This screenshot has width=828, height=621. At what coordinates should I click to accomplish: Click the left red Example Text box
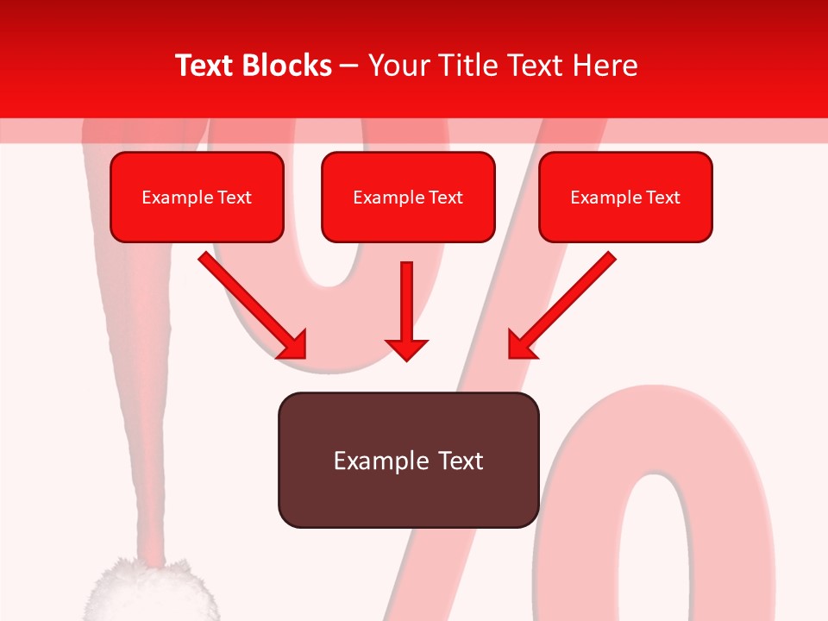click(197, 198)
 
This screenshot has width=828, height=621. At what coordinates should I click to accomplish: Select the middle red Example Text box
click(408, 198)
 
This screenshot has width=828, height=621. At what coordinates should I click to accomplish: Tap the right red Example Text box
click(625, 198)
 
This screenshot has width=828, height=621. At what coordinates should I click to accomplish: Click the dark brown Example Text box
click(408, 461)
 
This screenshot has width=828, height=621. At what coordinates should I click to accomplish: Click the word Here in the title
click(605, 66)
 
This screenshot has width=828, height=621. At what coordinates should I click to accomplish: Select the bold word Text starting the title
click(204, 66)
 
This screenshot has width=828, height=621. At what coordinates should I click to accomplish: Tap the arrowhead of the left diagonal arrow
click(294, 346)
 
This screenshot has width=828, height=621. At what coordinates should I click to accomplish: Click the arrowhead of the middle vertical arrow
click(406, 348)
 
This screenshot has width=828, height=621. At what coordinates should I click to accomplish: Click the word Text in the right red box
click(663, 198)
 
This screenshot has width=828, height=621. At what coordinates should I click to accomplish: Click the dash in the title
click(350, 66)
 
